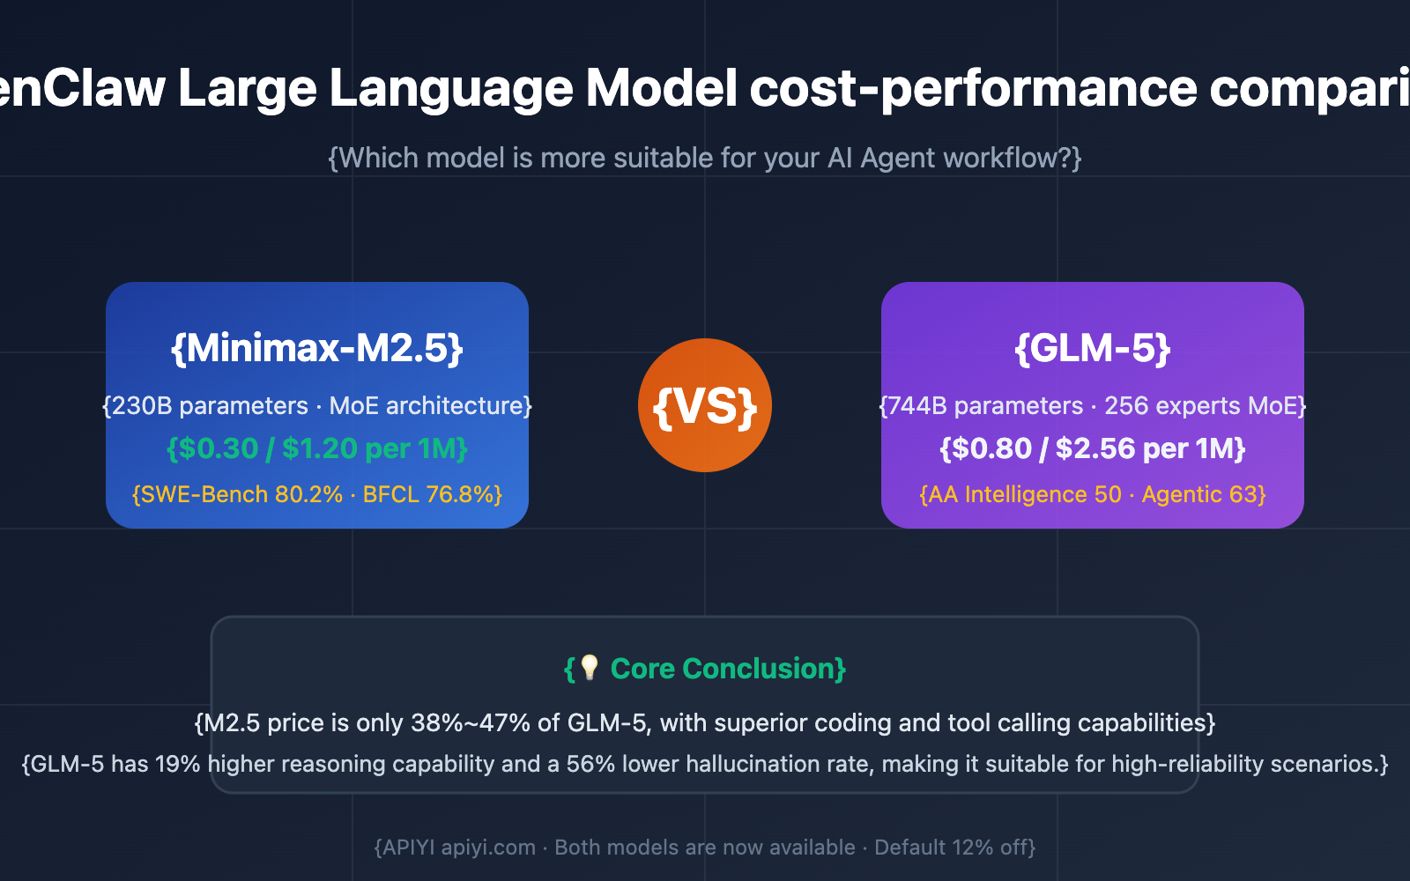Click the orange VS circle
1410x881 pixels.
pos(705,405)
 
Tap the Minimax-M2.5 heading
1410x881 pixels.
pos(317,348)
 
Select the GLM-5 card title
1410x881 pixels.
pos(1093,348)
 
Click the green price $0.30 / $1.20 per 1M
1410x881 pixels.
pos(317,448)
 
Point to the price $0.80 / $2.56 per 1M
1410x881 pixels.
pos(1093,448)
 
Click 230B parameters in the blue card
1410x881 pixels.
pos(210,406)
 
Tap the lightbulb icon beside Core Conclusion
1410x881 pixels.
pos(590,668)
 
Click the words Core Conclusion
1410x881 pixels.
pos(723,669)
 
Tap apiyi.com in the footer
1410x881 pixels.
pos(488,848)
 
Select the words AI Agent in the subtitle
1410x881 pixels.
pos(881,158)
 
